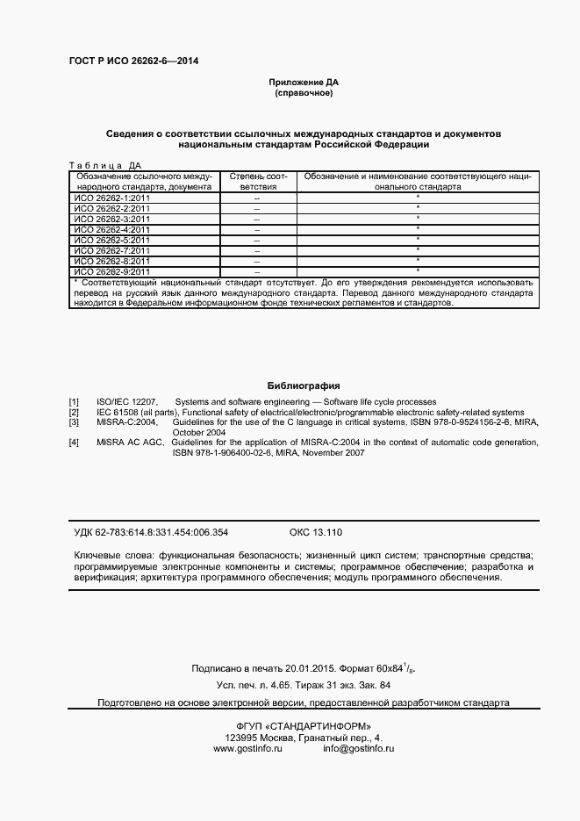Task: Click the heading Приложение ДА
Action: click(304, 82)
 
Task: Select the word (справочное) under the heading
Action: click(304, 92)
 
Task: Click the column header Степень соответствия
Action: click(258, 182)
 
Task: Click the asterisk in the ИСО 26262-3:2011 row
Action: click(418, 218)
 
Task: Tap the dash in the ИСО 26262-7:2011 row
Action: click(257, 250)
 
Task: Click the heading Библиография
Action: click(304, 385)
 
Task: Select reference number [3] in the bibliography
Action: click(75, 422)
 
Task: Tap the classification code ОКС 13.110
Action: click(315, 532)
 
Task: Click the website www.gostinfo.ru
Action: click(247, 748)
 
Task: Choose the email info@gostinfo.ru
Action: click(358, 748)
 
